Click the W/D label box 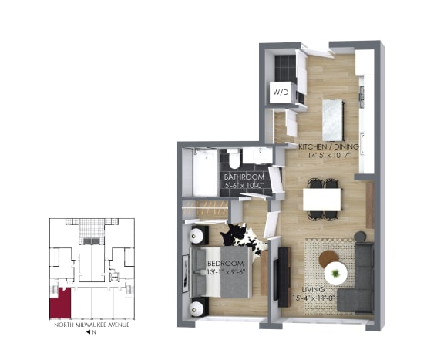point(281,92)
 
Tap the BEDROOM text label point(225,264)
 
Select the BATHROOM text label point(244,177)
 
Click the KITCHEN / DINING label point(328,146)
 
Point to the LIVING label point(313,290)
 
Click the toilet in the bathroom point(234,160)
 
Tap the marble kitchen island point(333,119)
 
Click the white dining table point(321,200)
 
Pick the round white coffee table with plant point(335,274)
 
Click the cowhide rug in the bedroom point(244,239)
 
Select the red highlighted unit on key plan point(60,304)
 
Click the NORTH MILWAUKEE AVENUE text point(92,325)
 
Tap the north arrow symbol point(88,332)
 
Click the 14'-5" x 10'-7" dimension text point(328,155)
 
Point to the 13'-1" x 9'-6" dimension point(225,272)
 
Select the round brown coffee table point(328,258)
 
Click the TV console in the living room point(284,277)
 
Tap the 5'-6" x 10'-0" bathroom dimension point(244,186)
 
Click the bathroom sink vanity point(257,156)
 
